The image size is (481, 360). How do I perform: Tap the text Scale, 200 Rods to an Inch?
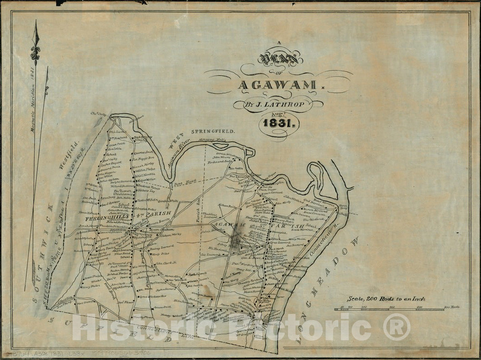[x=386, y=299]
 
